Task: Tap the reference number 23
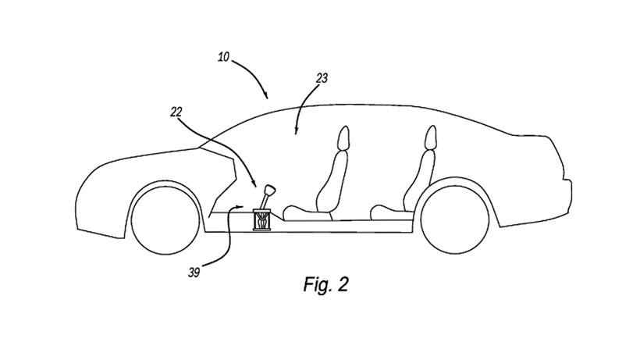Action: coord(322,78)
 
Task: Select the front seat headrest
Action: coord(343,139)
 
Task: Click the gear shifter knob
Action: coord(270,190)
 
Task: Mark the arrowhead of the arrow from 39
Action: coord(243,210)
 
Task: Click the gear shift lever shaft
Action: coord(265,202)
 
